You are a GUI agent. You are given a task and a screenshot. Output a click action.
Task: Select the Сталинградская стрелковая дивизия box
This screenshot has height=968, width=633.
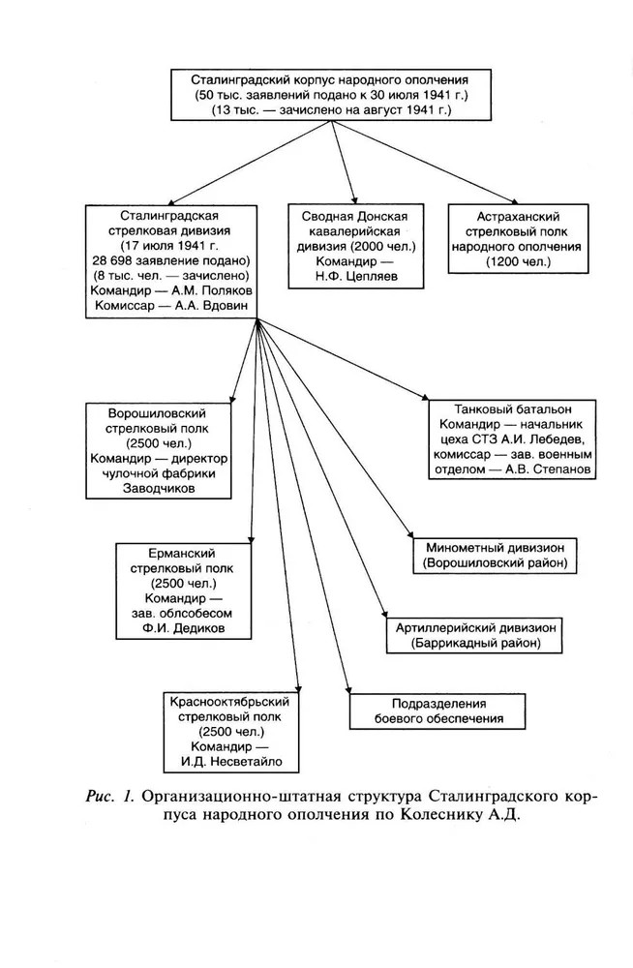pyautogui.click(x=170, y=260)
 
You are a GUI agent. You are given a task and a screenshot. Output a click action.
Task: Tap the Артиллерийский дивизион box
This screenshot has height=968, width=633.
pyautogui.click(x=475, y=634)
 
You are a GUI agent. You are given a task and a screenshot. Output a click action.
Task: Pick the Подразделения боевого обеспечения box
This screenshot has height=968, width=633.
pyautogui.click(x=437, y=711)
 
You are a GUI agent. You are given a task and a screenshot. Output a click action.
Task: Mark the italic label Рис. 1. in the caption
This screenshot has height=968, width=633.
pyautogui.click(x=113, y=797)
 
